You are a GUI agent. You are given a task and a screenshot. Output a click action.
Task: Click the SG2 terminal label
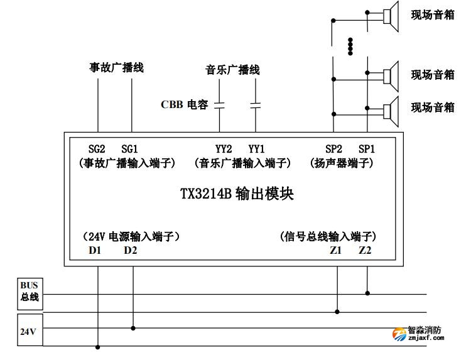tap(97, 149)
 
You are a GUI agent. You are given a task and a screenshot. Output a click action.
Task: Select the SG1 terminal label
tap(130, 149)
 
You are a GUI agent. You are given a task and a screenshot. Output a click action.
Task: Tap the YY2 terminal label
tap(224, 149)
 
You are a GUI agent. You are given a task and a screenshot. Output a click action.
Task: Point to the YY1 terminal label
tap(257, 149)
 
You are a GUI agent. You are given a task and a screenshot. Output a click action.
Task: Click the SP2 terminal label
tap(334, 149)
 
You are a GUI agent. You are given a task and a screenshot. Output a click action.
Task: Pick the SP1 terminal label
tap(367, 149)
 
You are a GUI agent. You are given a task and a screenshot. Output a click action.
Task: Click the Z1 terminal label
tap(335, 251)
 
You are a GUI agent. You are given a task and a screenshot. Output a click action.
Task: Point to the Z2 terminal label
tap(365, 251)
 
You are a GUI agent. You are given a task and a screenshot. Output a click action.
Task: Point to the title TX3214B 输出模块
tap(237, 194)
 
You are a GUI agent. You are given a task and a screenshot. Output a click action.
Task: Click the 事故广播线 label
tap(116, 68)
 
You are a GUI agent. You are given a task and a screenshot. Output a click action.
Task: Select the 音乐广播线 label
tap(232, 70)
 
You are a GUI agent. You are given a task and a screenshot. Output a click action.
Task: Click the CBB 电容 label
tap(184, 105)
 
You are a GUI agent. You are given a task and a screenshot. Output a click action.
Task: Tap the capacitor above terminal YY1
tap(255, 105)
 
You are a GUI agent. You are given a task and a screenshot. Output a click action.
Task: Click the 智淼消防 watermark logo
tap(418, 333)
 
